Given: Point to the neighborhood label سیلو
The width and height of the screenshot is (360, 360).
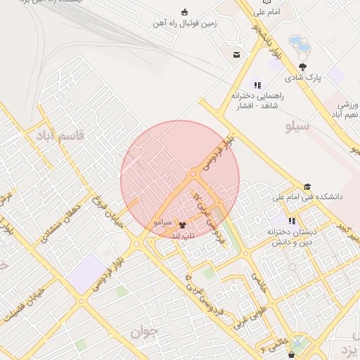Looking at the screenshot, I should point(297,127).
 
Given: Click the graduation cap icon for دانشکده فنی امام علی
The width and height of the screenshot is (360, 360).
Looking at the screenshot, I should point(307,187).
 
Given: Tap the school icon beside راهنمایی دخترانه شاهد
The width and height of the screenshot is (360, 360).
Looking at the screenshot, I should point(257,84).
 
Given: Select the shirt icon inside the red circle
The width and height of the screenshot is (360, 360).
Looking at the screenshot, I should point(193,172).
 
